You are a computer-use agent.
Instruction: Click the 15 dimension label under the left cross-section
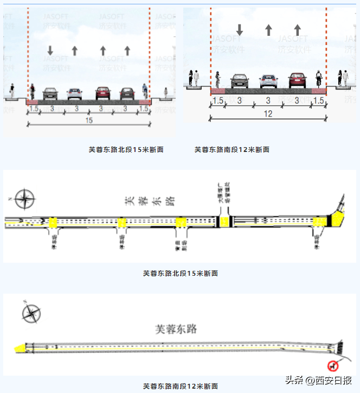[88, 121]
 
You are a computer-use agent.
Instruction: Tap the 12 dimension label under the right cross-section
[268, 114]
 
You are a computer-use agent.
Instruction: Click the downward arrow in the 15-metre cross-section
[50, 50]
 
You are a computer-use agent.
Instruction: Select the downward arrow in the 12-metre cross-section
[239, 30]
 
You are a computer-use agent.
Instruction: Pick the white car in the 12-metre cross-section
[268, 81]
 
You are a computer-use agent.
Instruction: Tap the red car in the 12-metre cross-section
[297, 80]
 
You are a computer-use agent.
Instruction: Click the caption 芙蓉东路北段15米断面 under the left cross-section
[126, 150]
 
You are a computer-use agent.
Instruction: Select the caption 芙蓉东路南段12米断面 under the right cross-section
[232, 150]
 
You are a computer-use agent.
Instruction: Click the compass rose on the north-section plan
[24, 199]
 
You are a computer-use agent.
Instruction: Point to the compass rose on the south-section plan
[32, 314]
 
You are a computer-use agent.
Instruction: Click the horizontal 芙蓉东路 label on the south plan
[175, 329]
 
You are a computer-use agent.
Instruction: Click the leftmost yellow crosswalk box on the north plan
[54, 223]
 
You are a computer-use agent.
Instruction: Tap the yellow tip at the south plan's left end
[20, 348]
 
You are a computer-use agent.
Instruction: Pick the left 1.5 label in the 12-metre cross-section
[217, 101]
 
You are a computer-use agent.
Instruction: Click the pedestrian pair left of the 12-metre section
[194, 78]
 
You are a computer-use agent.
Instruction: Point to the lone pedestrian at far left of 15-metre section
[12, 90]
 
